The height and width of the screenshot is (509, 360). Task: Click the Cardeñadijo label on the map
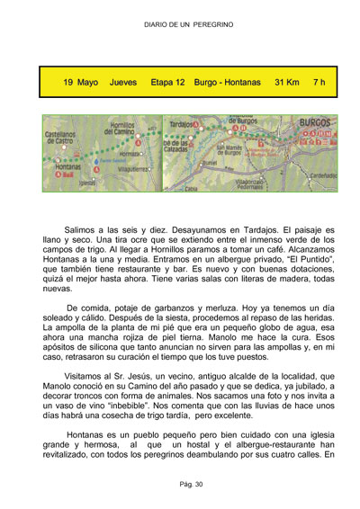322,175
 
